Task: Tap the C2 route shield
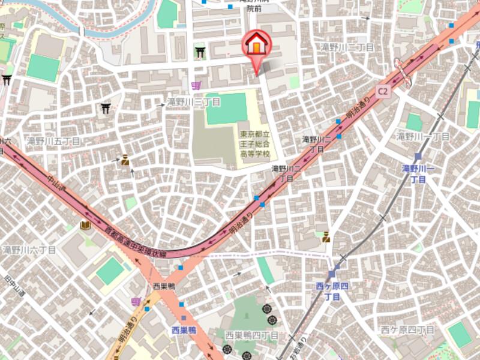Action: (383, 90)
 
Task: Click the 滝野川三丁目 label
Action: (194, 103)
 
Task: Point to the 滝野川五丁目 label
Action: (53, 141)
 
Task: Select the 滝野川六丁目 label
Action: (29, 249)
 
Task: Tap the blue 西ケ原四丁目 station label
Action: (332, 290)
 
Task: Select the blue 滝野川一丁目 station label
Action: (422, 173)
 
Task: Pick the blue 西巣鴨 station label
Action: (184, 330)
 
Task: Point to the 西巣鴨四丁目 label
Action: (251, 335)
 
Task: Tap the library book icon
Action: (85, 226)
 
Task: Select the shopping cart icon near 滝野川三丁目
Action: (196, 86)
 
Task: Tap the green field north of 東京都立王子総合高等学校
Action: (227, 108)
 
